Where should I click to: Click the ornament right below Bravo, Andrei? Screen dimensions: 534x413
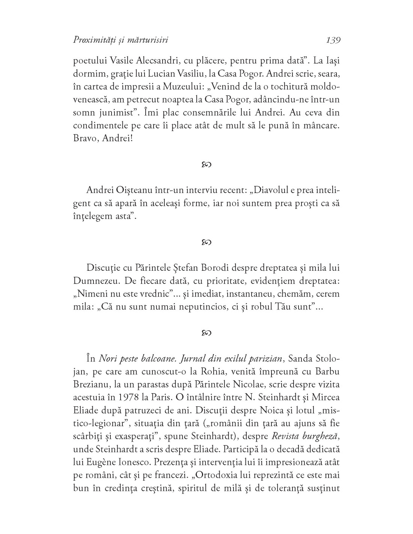[x=206, y=164]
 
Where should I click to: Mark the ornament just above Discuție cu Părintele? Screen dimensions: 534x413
[x=206, y=242]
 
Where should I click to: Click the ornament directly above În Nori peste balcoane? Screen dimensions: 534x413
[x=206, y=332]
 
